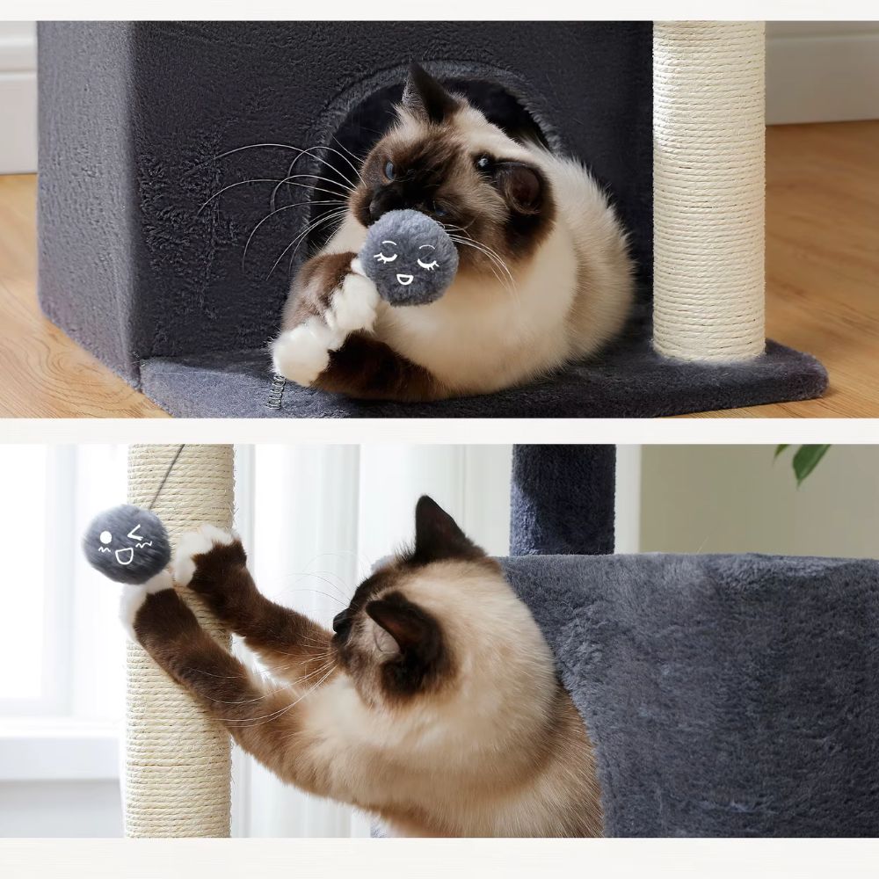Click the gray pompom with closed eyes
(x=410, y=257)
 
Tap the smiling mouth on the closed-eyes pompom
(x=405, y=280)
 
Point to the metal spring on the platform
(x=278, y=392)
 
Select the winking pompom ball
(x=127, y=543)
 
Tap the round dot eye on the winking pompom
(x=106, y=536)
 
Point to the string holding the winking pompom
(x=167, y=476)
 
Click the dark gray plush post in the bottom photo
(x=563, y=497)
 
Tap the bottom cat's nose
(x=338, y=623)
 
